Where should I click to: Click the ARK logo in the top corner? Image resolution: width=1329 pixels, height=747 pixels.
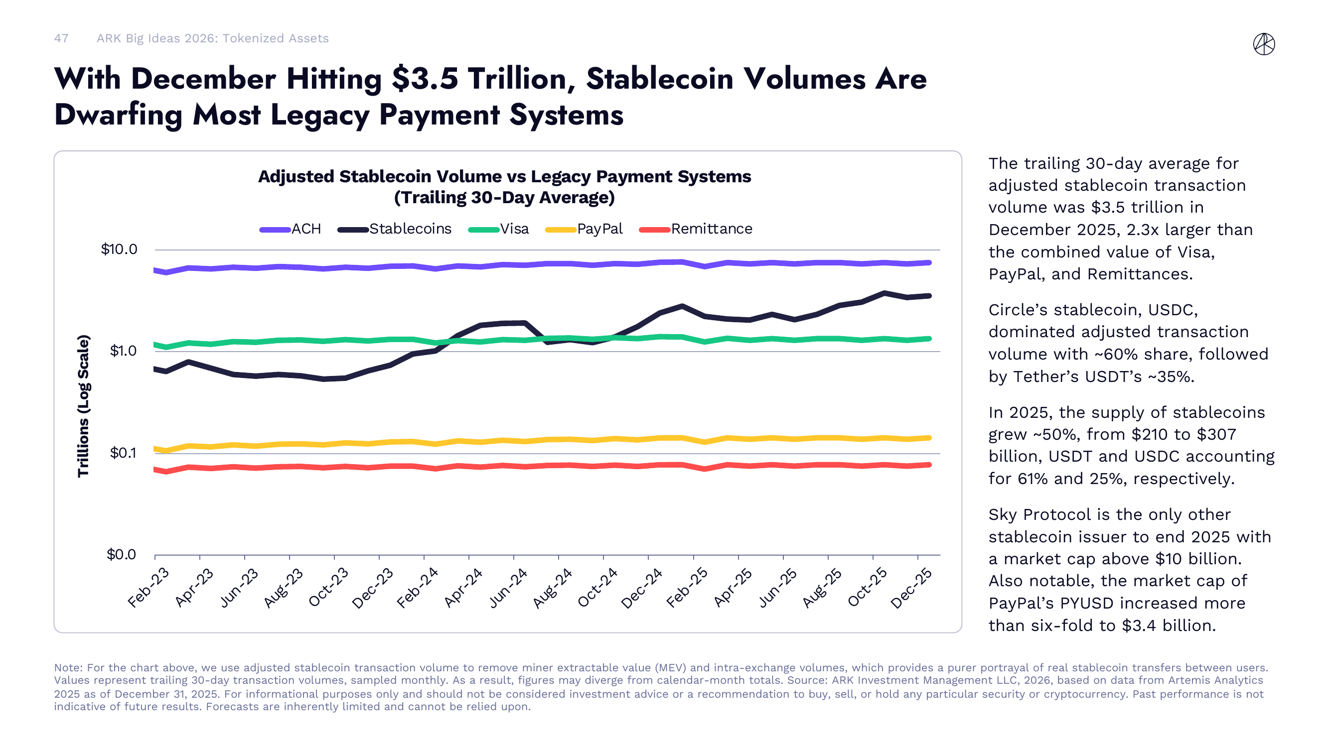(x=1264, y=44)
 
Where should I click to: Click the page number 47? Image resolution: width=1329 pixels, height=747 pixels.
(x=61, y=38)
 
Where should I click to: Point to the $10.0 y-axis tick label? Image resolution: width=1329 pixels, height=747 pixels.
(x=119, y=249)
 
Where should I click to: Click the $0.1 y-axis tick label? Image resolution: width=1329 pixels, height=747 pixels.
(x=123, y=453)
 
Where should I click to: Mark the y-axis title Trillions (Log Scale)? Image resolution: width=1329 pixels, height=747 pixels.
(x=84, y=406)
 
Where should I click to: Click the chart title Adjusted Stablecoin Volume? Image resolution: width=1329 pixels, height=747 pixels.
(x=504, y=176)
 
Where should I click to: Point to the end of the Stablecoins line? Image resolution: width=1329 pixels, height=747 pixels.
(x=929, y=296)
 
